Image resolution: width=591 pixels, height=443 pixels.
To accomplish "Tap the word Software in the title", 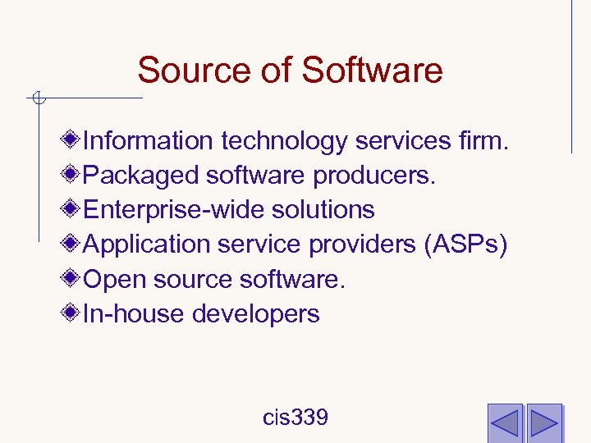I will pyautogui.click(x=372, y=71).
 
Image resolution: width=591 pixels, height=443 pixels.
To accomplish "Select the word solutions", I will pyautogui.click(x=318, y=210).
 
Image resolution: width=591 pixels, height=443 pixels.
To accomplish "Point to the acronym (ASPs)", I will pyautogui.click(x=465, y=244).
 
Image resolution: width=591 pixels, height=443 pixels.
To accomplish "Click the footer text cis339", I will pyautogui.click(x=295, y=418).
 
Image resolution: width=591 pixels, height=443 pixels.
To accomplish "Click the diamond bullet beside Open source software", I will pyautogui.click(x=74, y=279).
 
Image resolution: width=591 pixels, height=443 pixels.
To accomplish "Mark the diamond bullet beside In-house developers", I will pyautogui.click(x=74, y=313).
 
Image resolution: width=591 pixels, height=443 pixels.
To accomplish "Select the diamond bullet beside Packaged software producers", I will pyautogui.click(x=74, y=175).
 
